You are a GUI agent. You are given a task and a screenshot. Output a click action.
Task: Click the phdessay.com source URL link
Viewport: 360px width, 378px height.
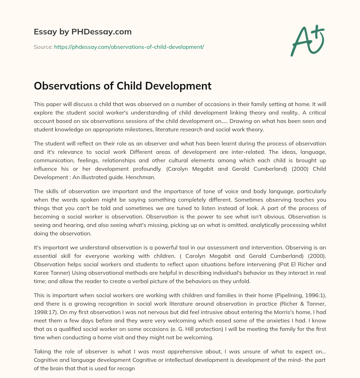129,47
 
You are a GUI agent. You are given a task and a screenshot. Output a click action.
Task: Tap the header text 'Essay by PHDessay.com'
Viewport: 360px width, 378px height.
83,32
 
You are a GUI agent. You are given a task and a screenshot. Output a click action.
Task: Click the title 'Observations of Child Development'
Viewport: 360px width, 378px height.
122,86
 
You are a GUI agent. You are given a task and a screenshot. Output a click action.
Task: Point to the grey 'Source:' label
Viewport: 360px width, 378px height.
43,47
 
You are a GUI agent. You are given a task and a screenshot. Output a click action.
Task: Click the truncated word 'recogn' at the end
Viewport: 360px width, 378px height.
127,370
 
